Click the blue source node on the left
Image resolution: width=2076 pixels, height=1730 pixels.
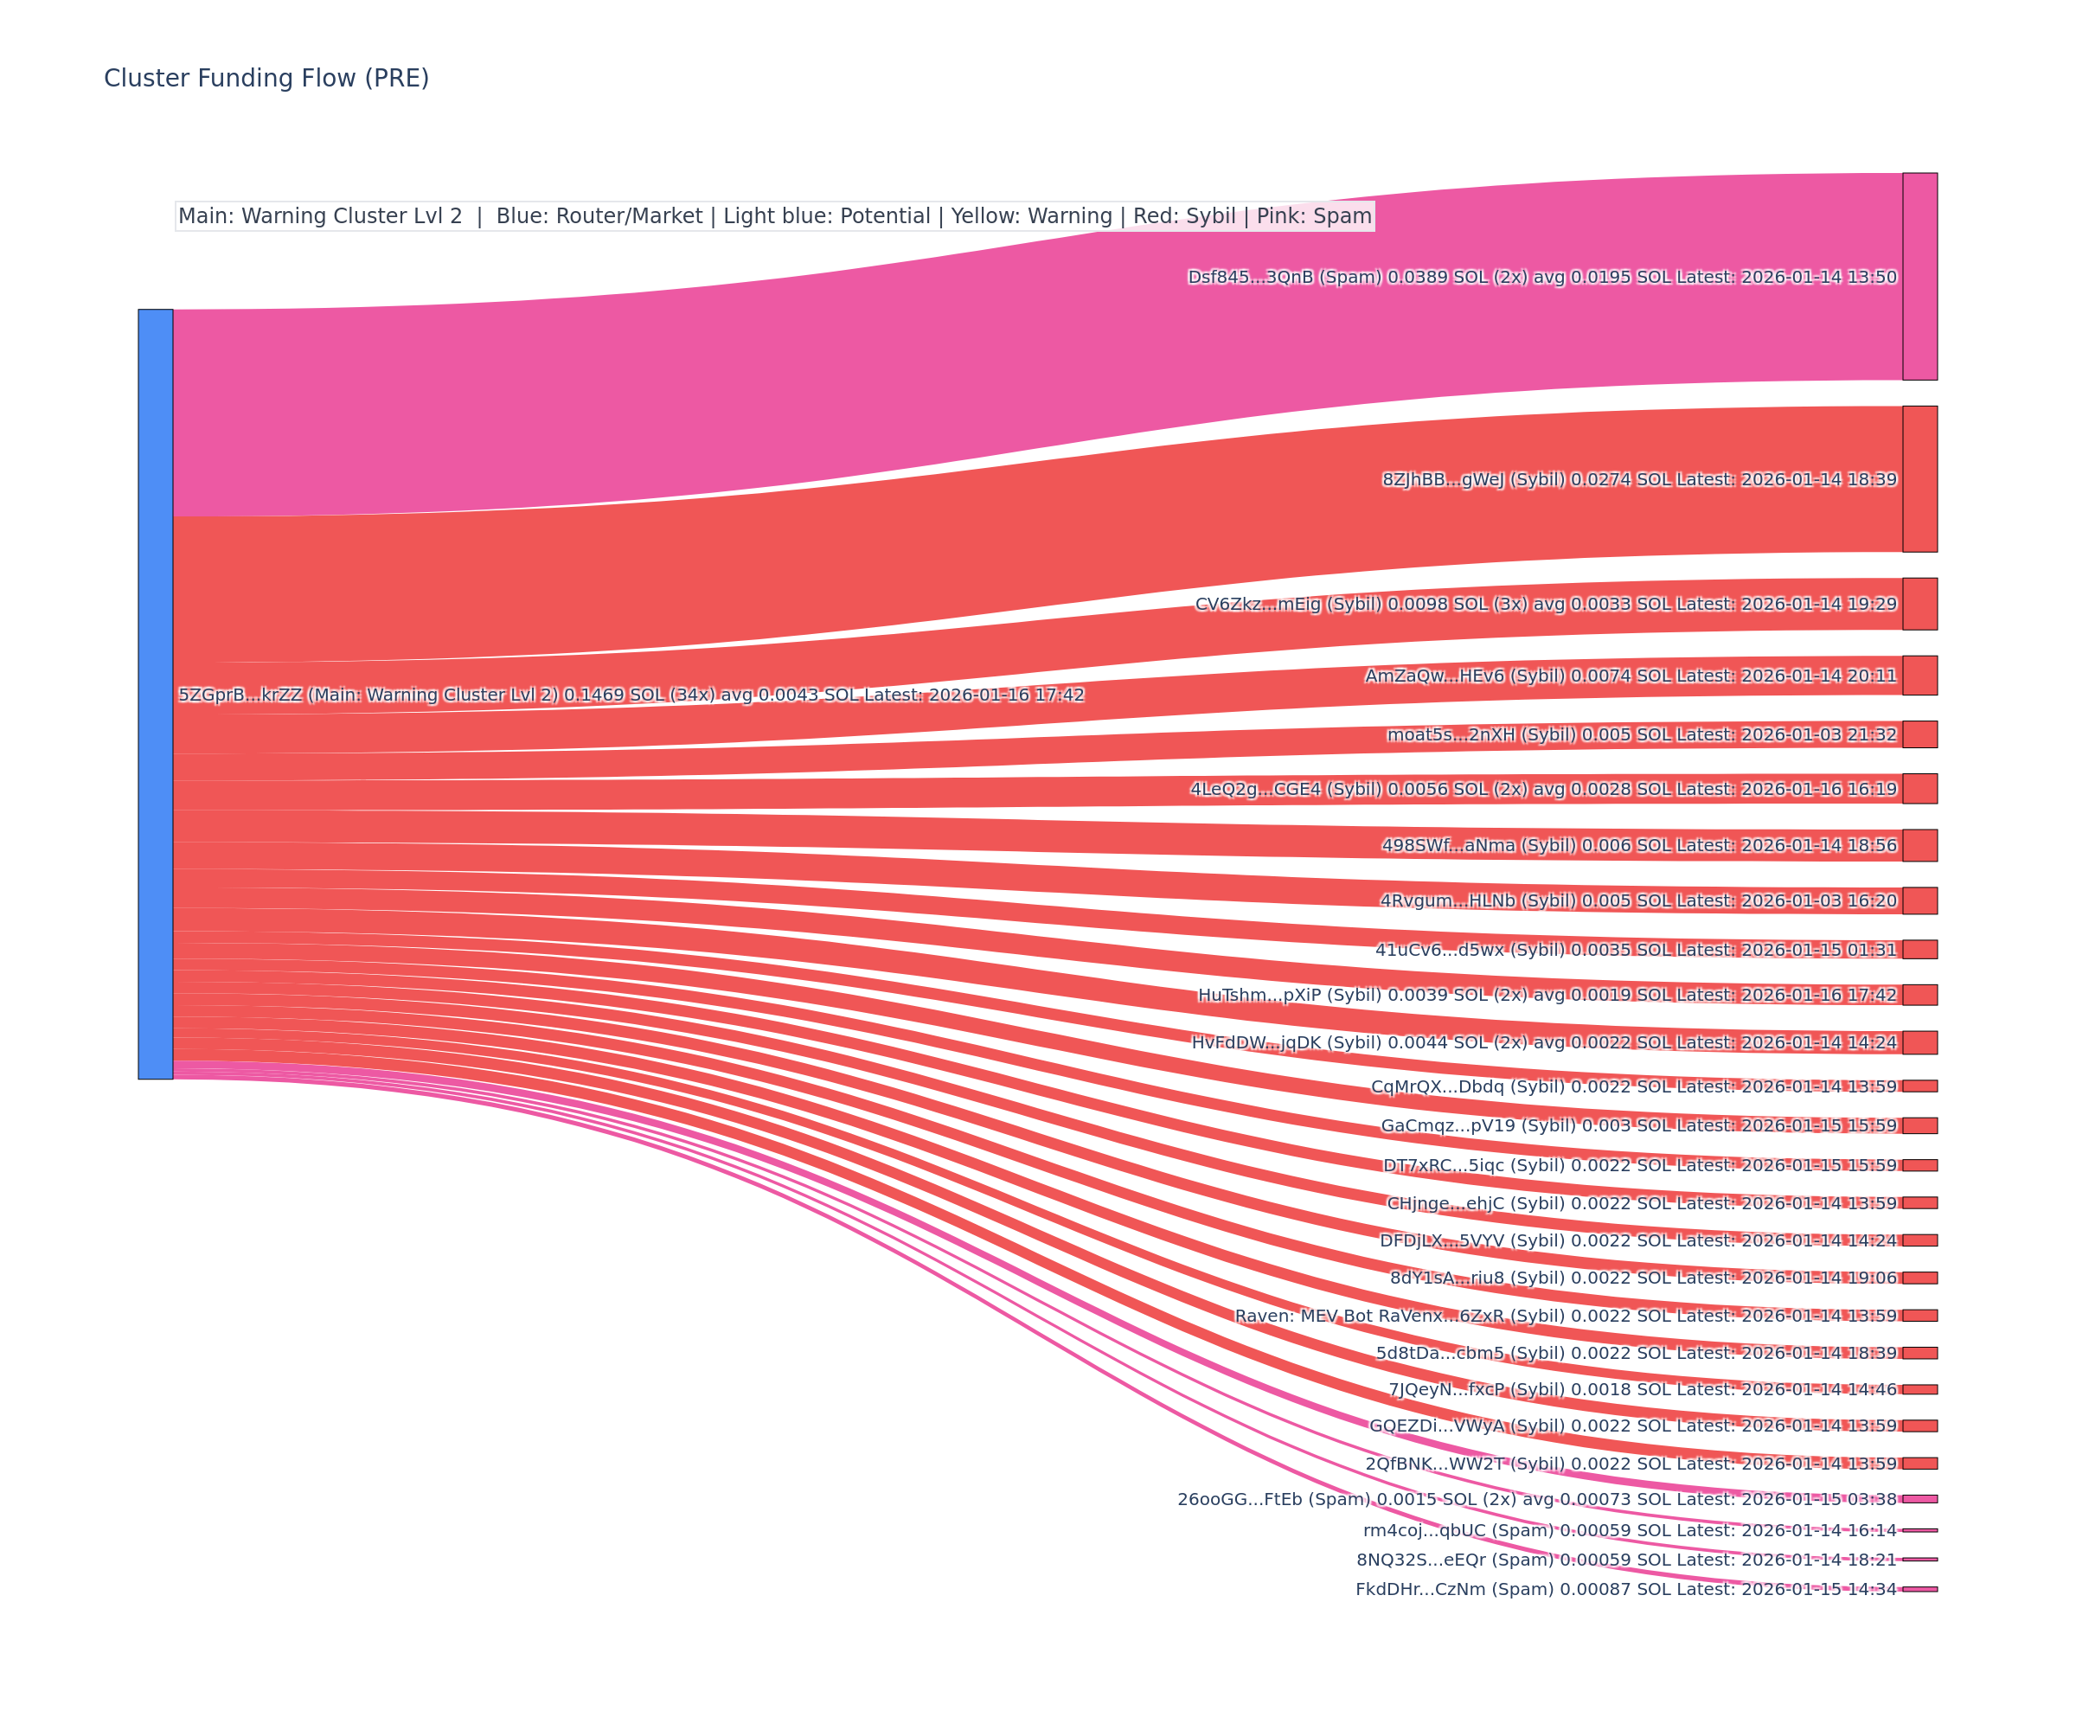(x=155, y=694)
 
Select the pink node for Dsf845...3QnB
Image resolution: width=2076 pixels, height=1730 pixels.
(x=1919, y=277)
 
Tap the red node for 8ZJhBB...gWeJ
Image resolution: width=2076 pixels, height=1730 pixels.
(x=1919, y=479)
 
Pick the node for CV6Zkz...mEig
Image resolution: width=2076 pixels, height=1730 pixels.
(x=1919, y=604)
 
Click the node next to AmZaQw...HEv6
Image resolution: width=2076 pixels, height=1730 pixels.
(x=1919, y=676)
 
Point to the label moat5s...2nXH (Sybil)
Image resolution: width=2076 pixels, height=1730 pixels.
(x=1641, y=734)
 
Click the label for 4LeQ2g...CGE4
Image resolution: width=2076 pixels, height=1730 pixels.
(x=1542, y=789)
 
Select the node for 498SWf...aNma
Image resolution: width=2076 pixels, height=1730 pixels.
(x=1919, y=845)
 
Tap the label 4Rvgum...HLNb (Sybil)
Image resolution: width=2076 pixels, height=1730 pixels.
(x=1638, y=900)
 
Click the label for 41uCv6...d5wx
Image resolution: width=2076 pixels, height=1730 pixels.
(x=1635, y=950)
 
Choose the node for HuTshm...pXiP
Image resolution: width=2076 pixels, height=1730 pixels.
(x=1919, y=995)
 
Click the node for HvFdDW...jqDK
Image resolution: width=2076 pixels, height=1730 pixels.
(x=1919, y=1043)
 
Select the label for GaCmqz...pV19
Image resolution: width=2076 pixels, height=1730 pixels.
(x=1638, y=1126)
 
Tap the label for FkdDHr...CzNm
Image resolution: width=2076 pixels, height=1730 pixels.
(x=1625, y=1590)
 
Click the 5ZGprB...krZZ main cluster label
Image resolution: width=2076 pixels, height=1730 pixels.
(x=631, y=695)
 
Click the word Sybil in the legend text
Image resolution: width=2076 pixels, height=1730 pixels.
(x=1215, y=216)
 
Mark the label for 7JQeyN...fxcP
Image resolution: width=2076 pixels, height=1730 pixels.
(x=1642, y=1390)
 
